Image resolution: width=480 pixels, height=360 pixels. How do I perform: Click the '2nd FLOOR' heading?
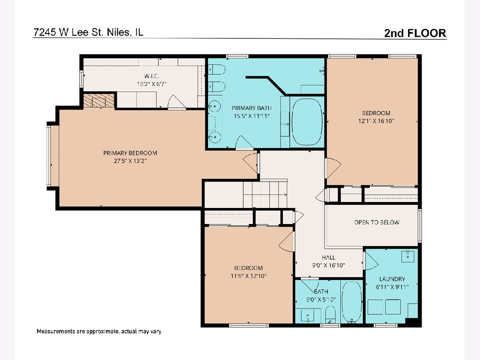point(415,33)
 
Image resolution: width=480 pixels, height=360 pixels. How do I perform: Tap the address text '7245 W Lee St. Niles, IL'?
point(88,32)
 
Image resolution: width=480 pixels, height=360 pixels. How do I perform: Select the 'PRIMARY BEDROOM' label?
point(130,153)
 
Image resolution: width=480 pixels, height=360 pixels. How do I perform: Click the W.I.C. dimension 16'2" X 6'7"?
point(152,84)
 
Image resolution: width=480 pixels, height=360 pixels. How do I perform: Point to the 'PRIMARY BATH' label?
point(252,108)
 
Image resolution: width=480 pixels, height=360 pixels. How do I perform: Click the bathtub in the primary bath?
point(307,122)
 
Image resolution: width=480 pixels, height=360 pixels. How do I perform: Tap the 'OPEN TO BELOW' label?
point(376,222)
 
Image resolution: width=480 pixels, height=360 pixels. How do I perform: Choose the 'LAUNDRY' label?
point(392,279)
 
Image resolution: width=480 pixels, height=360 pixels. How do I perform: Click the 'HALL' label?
point(328,258)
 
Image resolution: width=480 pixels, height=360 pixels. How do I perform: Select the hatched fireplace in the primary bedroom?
point(99,100)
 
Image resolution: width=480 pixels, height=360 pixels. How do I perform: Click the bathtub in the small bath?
point(352,302)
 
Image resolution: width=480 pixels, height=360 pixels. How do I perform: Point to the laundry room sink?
point(408,256)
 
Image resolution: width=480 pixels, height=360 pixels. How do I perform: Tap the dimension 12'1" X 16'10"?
point(376,121)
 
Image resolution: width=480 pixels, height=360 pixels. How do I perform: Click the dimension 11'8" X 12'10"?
point(248,276)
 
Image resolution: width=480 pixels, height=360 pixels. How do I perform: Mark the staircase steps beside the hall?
point(265,194)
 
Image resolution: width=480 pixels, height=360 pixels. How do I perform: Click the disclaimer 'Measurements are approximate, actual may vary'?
point(99,331)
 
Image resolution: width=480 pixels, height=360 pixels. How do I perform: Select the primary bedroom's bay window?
point(49,156)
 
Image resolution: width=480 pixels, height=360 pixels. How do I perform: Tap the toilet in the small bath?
point(330,314)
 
